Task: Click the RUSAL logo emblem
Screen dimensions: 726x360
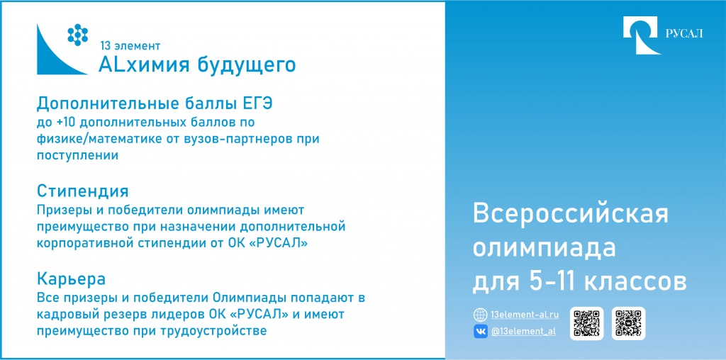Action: tap(641, 35)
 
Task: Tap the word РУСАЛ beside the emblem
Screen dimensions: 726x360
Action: tap(684, 34)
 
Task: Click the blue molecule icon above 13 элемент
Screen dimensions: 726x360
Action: tap(78, 35)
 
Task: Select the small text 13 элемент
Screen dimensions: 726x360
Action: tap(130, 46)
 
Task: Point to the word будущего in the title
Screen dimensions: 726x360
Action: tap(247, 66)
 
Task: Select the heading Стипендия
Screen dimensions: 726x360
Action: tap(82, 191)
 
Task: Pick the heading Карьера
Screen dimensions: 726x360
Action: tap(72, 279)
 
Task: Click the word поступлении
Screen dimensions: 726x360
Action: tap(77, 155)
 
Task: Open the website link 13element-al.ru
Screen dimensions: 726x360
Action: tap(524, 315)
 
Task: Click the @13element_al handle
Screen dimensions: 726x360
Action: tap(523, 332)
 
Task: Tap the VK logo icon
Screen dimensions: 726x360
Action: tap(480, 332)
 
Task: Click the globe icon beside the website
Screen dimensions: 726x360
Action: tap(480, 315)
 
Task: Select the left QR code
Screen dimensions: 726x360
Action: tap(586, 323)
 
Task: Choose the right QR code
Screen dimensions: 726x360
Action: tap(628, 323)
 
